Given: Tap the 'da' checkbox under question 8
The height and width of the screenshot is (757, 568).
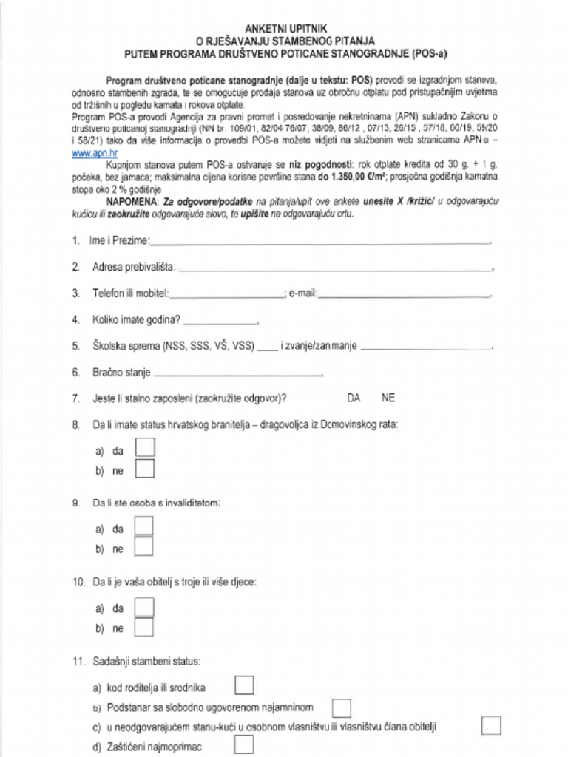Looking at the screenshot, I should [x=145, y=449].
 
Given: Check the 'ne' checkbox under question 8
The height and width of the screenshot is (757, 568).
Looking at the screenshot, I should [x=145, y=469].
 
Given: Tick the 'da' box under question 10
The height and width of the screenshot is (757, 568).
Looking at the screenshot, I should [x=144, y=608].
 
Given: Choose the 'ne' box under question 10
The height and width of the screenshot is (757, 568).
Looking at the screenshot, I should [x=144, y=628].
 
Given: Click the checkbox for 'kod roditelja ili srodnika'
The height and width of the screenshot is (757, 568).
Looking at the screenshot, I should [x=244, y=686].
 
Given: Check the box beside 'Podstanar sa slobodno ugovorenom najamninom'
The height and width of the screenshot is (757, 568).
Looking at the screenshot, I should [x=341, y=707].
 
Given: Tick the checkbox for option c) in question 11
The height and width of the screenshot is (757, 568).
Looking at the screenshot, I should [x=491, y=726].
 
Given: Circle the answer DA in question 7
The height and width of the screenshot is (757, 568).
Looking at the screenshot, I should [x=354, y=398].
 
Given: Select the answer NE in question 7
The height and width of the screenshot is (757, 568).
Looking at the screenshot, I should [x=388, y=398].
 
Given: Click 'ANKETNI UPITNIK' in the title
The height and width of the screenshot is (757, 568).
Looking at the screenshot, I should [x=284, y=27].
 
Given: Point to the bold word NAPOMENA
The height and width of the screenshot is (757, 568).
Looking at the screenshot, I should [x=132, y=201].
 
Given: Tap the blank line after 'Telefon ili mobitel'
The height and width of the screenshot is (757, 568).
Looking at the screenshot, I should [x=227, y=293].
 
